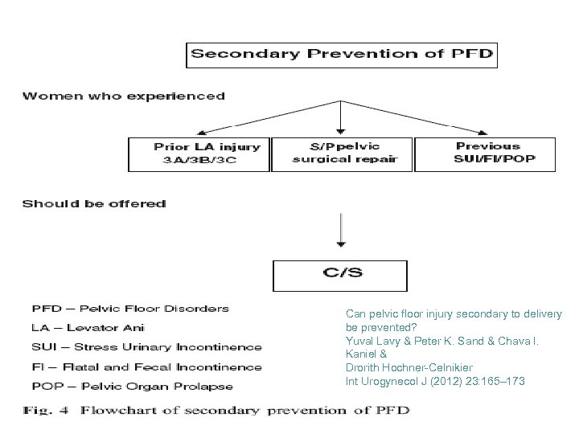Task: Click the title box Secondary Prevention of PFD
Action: click(342, 55)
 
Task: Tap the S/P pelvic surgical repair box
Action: click(342, 153)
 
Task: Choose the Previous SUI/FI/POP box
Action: click(487, 153)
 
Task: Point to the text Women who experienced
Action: click(124, 96)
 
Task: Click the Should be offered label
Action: click(94, 204)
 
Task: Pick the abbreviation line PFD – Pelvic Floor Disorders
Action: click(130, 308)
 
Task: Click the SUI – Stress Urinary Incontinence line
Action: click(146, 347)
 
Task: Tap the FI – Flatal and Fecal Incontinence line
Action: click(146, 366)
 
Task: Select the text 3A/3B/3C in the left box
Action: click(200, 159)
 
